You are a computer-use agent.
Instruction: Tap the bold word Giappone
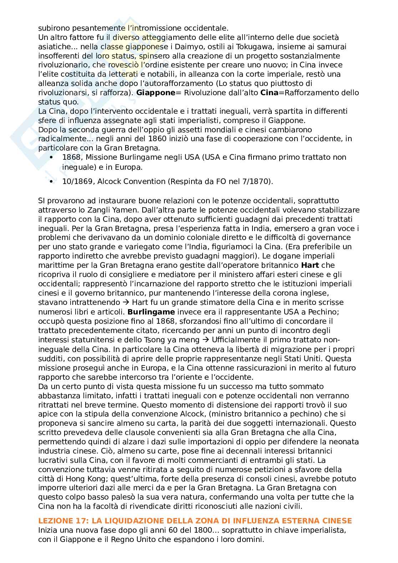156,93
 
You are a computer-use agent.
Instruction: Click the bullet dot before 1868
52,157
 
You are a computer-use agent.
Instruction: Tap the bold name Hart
309,265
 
